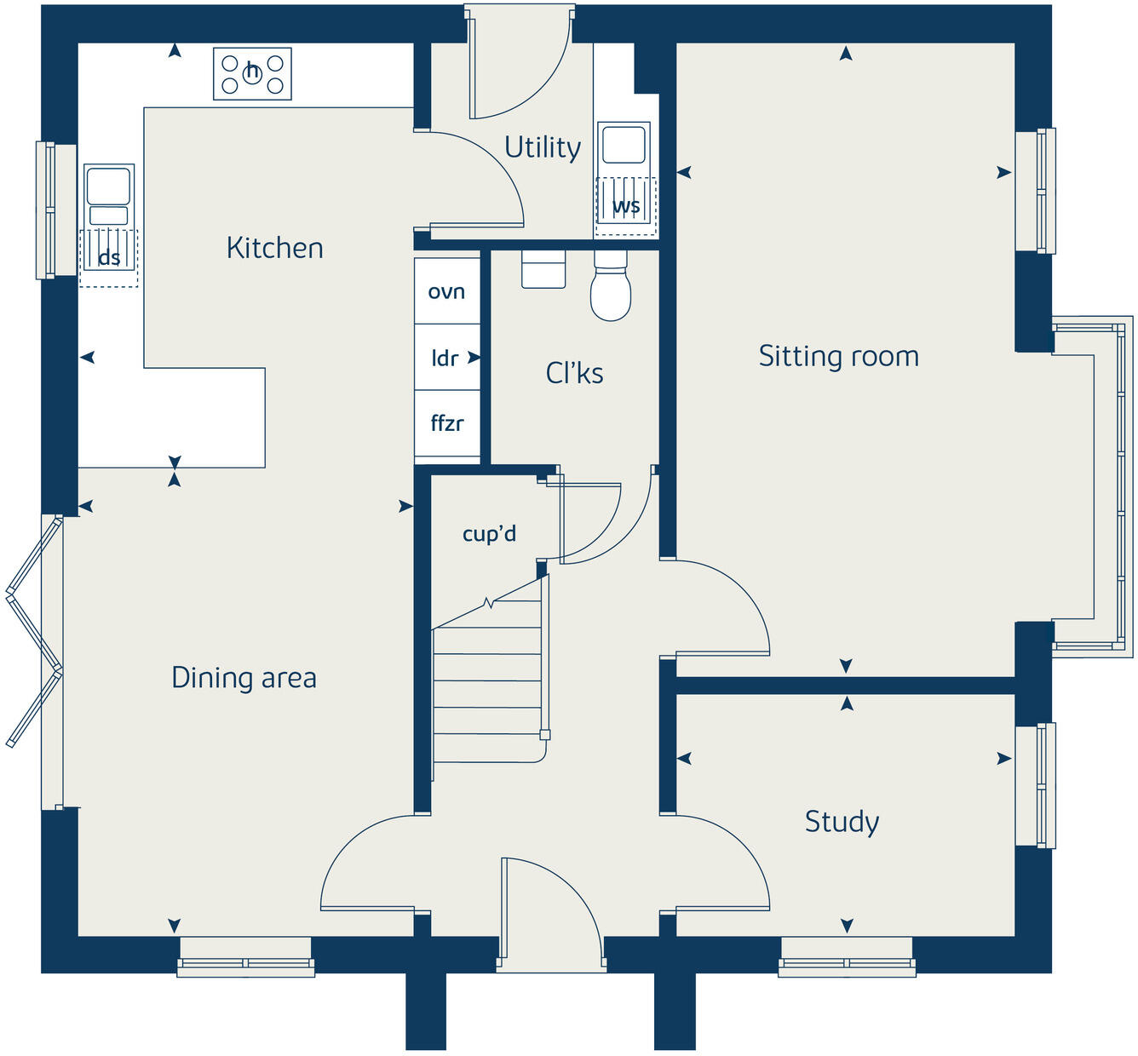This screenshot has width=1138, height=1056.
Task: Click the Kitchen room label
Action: (x=274, y=248)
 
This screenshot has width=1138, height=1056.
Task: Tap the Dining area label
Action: (x=244, y=678)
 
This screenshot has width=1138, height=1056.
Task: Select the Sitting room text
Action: (x=838, y=356)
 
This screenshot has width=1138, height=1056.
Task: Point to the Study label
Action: (x=842, y=822)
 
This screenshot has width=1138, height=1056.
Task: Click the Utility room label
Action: (x=543, y=147)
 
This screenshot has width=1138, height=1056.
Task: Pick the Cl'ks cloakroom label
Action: (x=574, y=373)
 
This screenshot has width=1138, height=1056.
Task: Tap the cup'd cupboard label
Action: (x=489, y=534)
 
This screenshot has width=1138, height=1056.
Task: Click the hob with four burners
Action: (x=252, y=74)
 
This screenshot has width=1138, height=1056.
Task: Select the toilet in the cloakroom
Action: (x=611, y=290)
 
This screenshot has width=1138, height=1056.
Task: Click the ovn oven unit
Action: (x=447, y=291)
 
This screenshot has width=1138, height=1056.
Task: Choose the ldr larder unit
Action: (x=445, y=359)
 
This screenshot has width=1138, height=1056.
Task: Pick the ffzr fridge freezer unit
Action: (x=447, y=423)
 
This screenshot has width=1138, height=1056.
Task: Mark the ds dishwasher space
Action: (x=109, y=258)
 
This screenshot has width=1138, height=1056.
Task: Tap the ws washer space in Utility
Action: (x=626, y=206)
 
